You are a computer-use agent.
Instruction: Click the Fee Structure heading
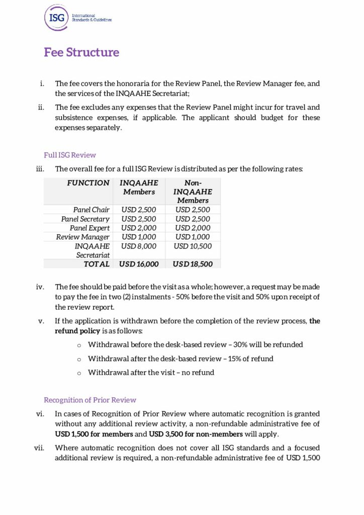pos(81,52)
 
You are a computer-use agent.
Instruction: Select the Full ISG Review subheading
pos(70,155)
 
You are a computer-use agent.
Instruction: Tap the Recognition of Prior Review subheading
pos(90,400)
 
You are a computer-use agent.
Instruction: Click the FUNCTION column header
pos(88,183)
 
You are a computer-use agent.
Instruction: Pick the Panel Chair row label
pos(91,210)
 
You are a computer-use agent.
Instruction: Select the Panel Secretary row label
pos(85,219)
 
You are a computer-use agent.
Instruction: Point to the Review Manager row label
pos(83,237)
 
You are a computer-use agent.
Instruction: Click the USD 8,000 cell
pos(139,246)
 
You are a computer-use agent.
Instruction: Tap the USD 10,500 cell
pos(193,246)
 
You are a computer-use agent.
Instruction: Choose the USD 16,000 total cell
pos(139,264)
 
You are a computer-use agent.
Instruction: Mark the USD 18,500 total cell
pos(193,264)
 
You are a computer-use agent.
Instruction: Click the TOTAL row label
pos(97,264)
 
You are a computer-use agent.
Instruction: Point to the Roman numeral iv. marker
pos(40,287)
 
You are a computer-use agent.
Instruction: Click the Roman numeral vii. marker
pos(40,448)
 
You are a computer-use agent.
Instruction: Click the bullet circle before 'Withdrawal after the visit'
pos(79,373)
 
